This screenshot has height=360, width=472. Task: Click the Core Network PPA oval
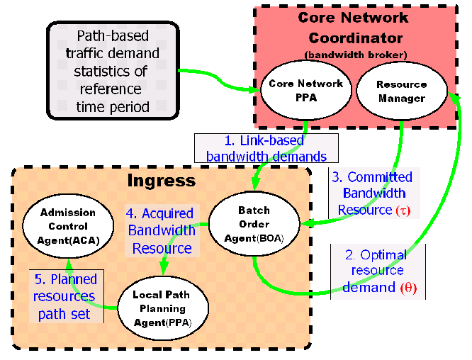pyautogui.click(x=305, y=90)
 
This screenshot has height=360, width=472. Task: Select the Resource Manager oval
pyautogui.click(x=402, y=91)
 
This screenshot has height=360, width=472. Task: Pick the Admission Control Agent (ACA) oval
pyautogui.click(x=68, y=226)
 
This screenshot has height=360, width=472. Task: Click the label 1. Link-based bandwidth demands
pyautogui.click(x=265, y=147)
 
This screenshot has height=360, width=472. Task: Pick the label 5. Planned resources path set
pyautogui.click(x=65, y=296)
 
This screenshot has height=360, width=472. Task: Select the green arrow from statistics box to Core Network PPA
pyautogui.click(x=216, y=80)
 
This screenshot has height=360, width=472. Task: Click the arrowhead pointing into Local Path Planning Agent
pyautogui.click(x=164, y=271)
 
